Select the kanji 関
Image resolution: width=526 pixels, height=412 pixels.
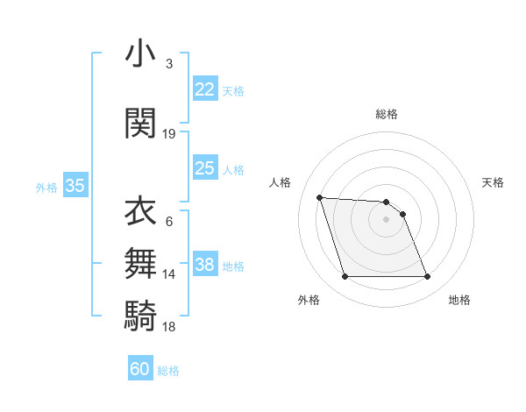tap(141, 123)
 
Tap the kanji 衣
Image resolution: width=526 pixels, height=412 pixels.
tap(141, 211)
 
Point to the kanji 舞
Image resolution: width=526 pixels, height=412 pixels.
tap(141, 263)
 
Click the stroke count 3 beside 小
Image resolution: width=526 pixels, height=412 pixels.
tap(169, 64)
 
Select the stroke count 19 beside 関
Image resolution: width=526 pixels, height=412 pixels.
tap(169, 134)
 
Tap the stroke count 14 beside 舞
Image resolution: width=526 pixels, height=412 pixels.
tap(169, 274)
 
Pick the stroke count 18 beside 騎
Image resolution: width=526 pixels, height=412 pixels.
tap(169, 326)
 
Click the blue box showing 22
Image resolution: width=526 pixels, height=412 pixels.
tap(205, 89)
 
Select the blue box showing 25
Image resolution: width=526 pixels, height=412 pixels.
tap(205, 168)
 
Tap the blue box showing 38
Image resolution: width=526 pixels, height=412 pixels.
tap(205, 266)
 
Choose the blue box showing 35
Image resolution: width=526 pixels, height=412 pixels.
tap(75, 186)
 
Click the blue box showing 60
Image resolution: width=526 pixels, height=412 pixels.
tap(140, 369)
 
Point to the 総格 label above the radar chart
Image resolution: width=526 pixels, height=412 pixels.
tap(386, 114)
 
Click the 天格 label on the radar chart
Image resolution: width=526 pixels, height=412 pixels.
tap(493, 182)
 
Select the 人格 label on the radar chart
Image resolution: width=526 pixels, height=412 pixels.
tap(280, 182)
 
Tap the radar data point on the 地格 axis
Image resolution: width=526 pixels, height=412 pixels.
tap(427, 277)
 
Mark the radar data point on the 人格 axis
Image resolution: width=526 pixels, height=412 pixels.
tap(319, 197)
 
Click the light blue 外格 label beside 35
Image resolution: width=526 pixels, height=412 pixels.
tap(46, 187)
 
